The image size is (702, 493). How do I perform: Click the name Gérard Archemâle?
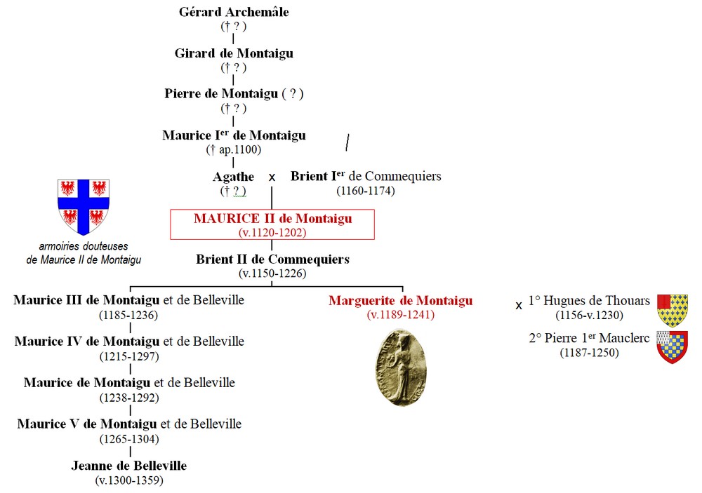coord(234,12)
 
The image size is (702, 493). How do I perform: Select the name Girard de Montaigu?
coord(234,53)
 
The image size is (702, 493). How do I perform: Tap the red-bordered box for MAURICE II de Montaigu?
coord(272,224)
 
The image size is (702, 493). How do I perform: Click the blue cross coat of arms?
coord(84,206)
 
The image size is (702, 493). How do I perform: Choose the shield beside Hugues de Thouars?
coord(672,311)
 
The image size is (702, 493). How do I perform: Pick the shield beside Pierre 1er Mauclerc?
coord(672,346)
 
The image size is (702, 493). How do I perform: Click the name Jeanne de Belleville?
coord(129,466)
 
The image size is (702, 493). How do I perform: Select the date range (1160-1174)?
coord(365,190)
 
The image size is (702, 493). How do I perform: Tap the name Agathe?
coord(233,177)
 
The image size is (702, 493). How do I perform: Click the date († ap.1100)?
coord(234,149)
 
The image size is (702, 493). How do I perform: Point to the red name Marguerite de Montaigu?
coord(400,301)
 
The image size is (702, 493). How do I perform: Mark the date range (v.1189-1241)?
coord(400,315)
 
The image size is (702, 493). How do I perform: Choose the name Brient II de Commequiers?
coord(272,259)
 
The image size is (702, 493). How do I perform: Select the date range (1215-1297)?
coord(129,356)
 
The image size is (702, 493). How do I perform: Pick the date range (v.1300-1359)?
coord(129,480)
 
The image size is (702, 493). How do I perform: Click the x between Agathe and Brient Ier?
coord(272,178)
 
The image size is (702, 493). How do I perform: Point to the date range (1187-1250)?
coord(589,353)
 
